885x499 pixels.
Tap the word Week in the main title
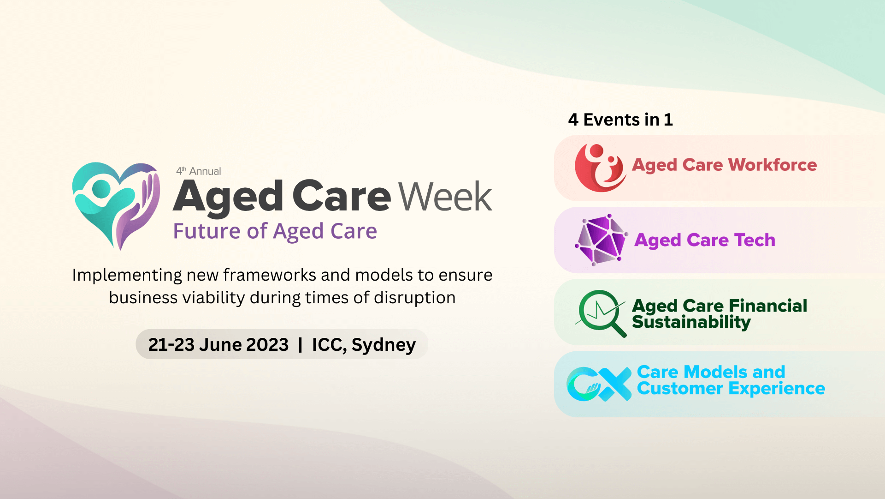click(x=445, y=197)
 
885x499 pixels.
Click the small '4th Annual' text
click(x=199, y=171)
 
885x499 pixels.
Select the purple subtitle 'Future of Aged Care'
click(x=275, y=231)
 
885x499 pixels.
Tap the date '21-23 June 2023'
click(x=218, y=345)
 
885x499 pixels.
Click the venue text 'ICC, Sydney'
click(x=364, y=345)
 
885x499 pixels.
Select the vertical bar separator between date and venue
click(x=301, y=345)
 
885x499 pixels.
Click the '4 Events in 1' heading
click(x=620, y=120)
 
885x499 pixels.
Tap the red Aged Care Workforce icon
click(x=600, y=168)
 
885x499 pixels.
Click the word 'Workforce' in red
click(x=773, y=165)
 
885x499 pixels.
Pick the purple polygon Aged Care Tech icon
click(x=601, y=240)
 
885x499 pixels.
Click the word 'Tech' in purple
click(x=755, y=240)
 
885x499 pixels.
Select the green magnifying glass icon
click(x=601, y=313)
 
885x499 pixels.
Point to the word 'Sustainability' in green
click(x=691, y=322)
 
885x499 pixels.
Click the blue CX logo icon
click(x=599, y=384)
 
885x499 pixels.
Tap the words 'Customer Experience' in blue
click(x=731, y=389)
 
